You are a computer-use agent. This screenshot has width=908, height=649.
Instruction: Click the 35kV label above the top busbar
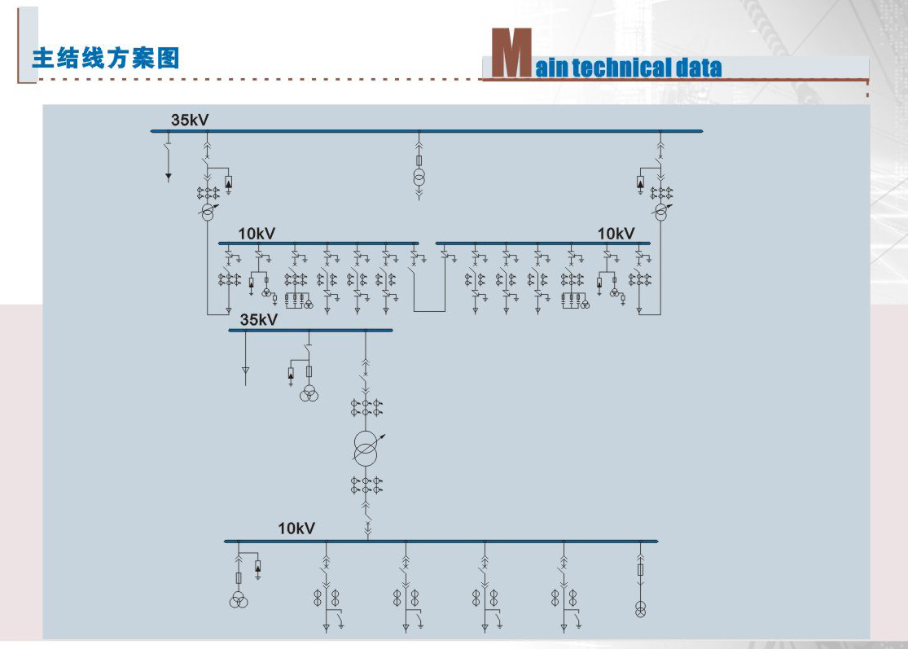click(x=190, y=120)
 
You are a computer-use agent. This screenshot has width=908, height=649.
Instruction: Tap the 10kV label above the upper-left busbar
click(x=257, y=234)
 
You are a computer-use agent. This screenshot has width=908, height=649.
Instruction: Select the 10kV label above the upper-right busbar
click(x=616, y=234)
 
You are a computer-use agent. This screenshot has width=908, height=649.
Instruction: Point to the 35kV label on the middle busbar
click(x=259, y=319)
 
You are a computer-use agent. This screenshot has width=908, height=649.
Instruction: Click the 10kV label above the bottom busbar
click(x=296, y=528)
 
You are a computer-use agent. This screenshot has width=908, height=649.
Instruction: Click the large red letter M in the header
click(x=511, y=53)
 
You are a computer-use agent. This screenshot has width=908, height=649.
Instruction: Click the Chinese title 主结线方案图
click(x=106, y=59)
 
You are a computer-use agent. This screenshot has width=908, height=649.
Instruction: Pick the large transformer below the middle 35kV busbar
click(x=366, y=449)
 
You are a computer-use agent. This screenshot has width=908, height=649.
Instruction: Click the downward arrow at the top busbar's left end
click(x=169, y=178)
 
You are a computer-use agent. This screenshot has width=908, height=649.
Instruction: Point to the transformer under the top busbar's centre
click(x=419, y=178)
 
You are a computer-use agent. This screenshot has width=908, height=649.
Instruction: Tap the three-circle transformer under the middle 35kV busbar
click(x=309, y=393)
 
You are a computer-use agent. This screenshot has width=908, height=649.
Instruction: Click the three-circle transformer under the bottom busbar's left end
click(x=239, y=600)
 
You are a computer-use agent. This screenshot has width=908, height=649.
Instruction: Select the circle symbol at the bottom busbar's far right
click(x=640, y=609)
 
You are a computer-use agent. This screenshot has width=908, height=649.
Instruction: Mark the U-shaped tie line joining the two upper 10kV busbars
click(x=429, y=311)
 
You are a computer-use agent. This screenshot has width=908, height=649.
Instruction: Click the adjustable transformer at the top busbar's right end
click(x=661, y=212)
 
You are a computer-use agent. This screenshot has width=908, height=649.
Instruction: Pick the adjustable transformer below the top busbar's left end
click(x=208, y=212)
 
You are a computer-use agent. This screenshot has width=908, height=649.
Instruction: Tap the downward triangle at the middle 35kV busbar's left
click(x=246, y=371)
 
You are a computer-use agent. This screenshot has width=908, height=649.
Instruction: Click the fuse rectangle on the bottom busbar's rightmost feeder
click(x=640, y=570)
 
